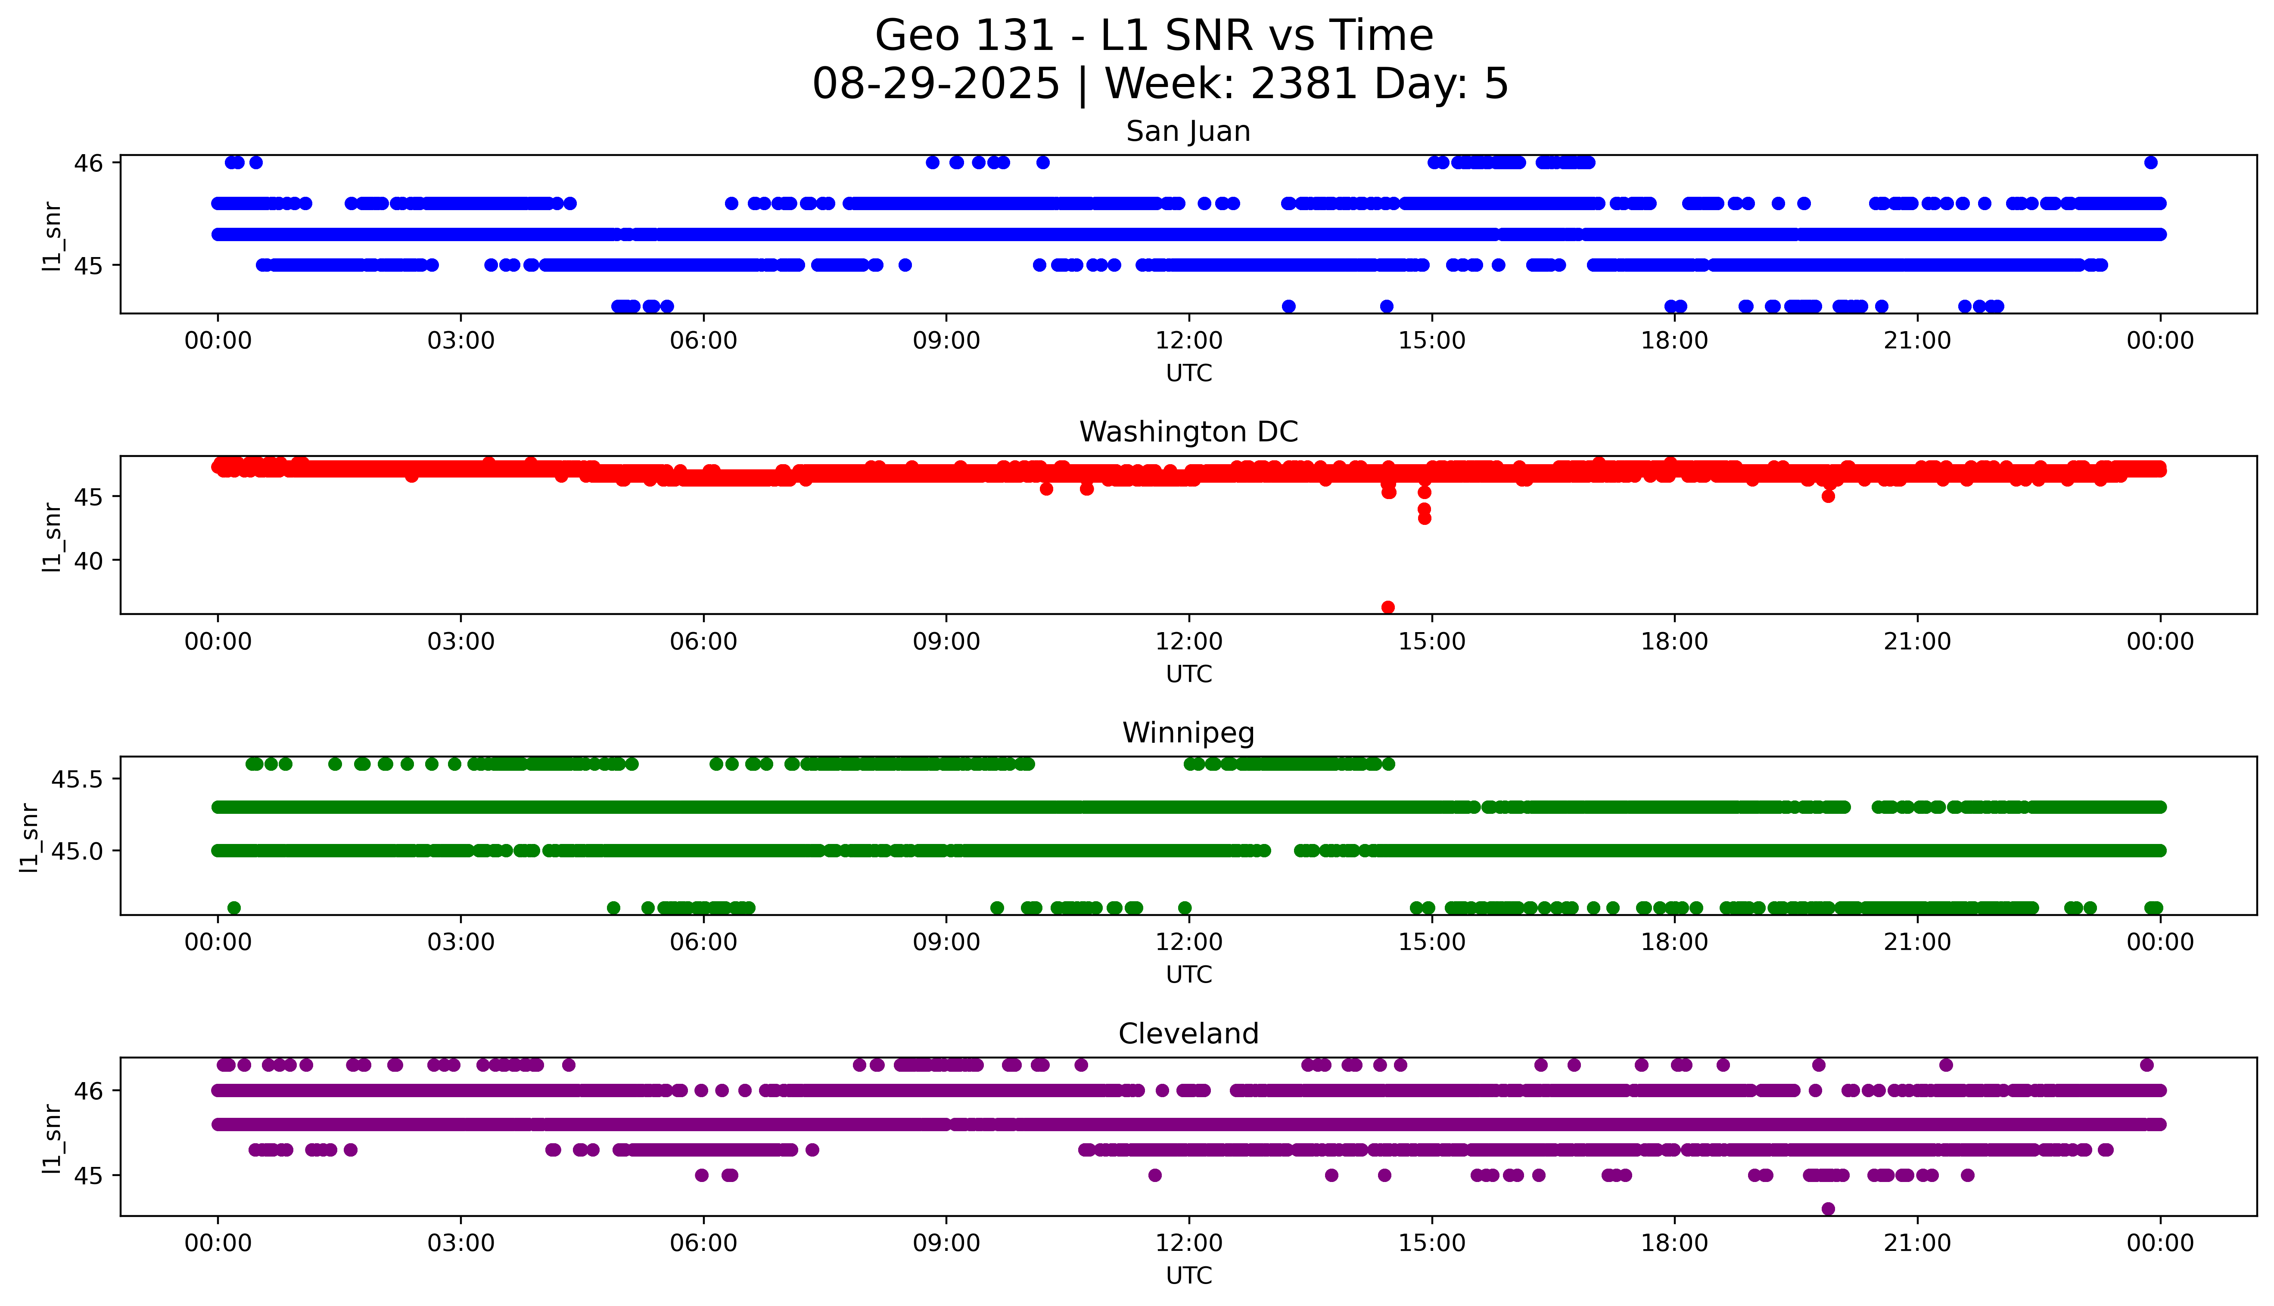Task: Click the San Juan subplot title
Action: [x=1188, y=132]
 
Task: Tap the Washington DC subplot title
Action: [x=1188, y=432]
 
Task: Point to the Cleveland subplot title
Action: [x=1188, y=1034]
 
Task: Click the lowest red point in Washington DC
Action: [x=1388, y=607]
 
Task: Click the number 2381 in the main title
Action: [x=1303, y=84]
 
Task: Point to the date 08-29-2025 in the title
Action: [x=936, y=84]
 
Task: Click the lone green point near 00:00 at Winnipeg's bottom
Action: [x=234, y=908]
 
